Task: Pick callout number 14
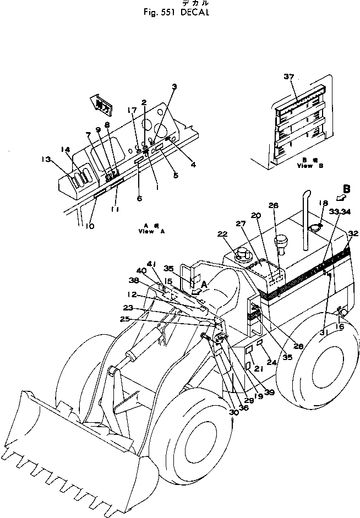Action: point(66,149)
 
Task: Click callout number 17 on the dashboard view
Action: point(132,110)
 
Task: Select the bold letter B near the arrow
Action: point(346,187)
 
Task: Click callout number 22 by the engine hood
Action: point(222,234)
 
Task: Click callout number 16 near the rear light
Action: point(339,326)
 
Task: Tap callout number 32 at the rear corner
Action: point(353,233)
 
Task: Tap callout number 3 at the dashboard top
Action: point(174,86)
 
